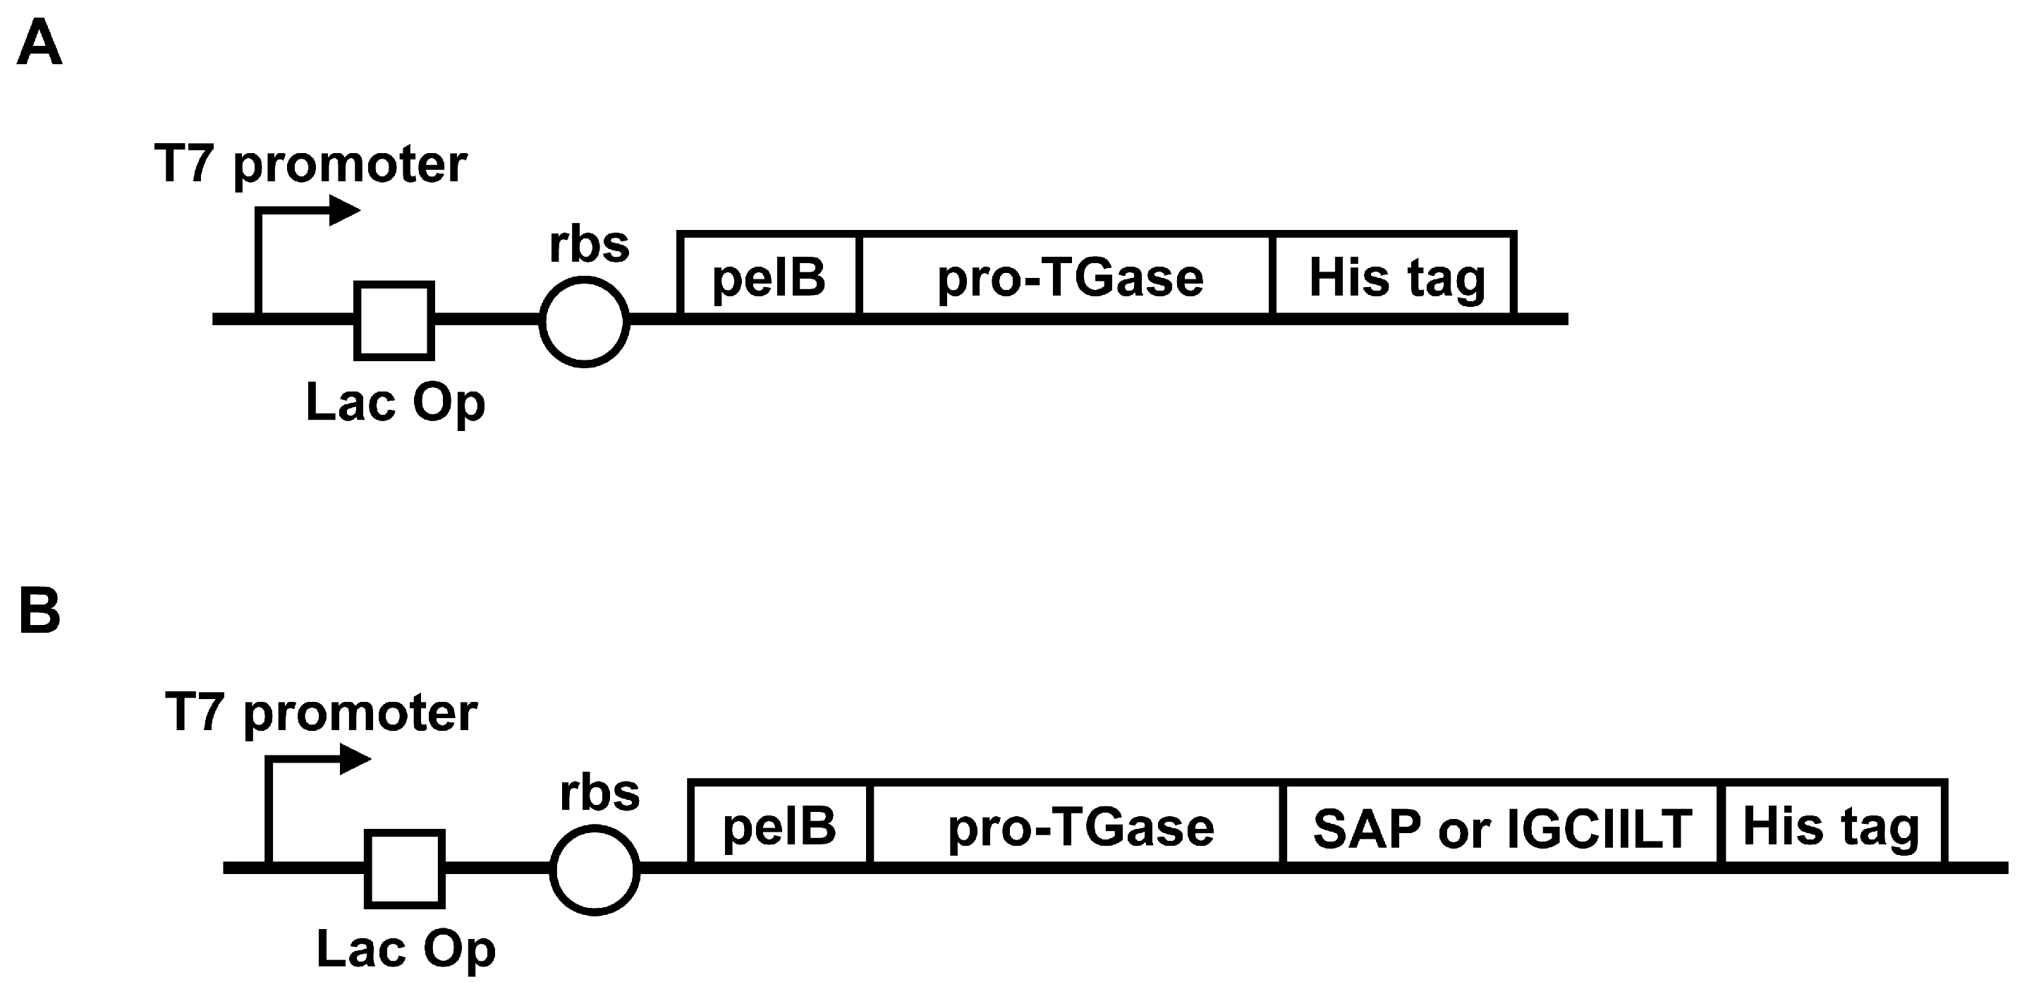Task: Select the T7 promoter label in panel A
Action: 311,165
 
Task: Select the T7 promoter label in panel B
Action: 321,713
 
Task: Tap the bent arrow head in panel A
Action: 344,210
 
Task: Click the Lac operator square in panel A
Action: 394,320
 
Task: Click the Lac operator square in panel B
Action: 404,868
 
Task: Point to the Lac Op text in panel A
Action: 395,404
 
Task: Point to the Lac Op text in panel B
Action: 406,950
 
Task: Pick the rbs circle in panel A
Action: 584,322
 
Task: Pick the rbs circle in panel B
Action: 594,870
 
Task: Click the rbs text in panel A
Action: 589,245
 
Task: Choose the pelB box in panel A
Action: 769,277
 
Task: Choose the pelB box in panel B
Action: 779,825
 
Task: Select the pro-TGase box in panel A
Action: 1069,277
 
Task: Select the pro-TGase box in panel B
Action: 1079,825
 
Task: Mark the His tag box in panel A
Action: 1396,277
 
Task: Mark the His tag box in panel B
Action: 1832,825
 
